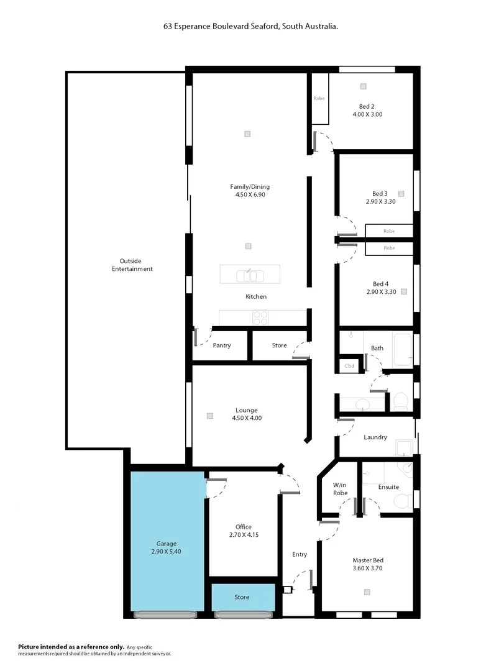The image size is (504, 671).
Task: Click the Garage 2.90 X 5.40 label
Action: pyautogui.click(x=166, y=547)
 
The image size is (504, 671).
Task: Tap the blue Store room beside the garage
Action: pyautogui.click(x=242, y=597)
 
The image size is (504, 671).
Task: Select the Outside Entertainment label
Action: pyautogui.click(x=132, y=265)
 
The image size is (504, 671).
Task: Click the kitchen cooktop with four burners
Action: pyautogui.click(x=260, y=317)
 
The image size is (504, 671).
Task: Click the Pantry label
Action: pyautogui.click(x=221, y=345)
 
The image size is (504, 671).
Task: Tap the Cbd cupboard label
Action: pyautogui.click(x=349, y=366)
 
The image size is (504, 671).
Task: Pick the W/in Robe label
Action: pyautogui.click(x=339, y=489)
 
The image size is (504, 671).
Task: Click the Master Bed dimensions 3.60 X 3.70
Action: pyautogui.click(x=369, y=568)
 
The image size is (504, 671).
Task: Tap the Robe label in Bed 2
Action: pyautogui.click(x=319, y=99)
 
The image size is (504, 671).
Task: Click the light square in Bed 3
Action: pyautogui.click(x=401, y=193)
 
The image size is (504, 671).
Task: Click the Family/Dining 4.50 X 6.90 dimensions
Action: pyautogui.click(x=250, y=194)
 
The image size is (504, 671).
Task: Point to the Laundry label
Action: pyautogui.click(x=375, y=437)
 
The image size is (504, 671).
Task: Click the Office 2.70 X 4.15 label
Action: pyautogui.click(x=243, y=531)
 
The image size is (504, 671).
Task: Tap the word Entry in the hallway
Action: pyautogui.click(x=300, y=554)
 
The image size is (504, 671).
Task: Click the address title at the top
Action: pyautogui.click(x=251, y=27)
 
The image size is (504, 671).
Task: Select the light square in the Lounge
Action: pyautogui.click(x=211, y=416)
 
